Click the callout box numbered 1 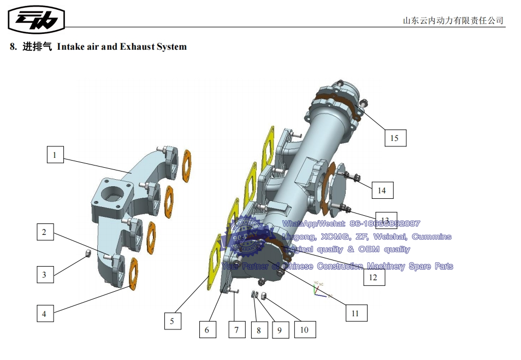(x=55, y=155)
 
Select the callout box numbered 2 (x=45, y=232)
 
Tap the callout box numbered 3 (x=45, y=275)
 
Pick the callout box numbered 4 (x=45, y=314)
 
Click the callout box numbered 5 (x=172, y=321)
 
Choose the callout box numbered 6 (x=207, y=329)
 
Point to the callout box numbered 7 (x=236, y=329)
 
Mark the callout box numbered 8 (x=259, y=330)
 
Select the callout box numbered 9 (x=279, y=330)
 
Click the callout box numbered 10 (x=304, y=329)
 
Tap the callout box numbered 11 (x=356, y=313)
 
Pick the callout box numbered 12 (x=373, y=277)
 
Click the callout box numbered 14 (x=382, y=190)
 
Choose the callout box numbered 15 (x=394, y=138)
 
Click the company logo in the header (x=37, y=20)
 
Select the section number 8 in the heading (x=13, y=47)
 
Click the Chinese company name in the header (x=453, y=21)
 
